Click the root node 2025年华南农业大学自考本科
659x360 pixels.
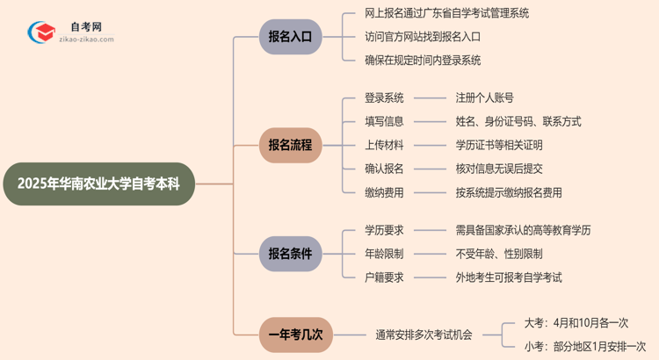[x=98, y=184]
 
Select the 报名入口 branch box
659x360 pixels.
[x=290, y=37]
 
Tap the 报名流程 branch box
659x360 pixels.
[x=290, y=145]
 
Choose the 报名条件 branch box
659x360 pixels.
[x=290, y=254]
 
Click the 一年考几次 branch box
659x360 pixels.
[x=295, y=335]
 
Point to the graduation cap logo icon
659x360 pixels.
[x=41, y=32]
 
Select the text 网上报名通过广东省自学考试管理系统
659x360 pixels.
[x=446, y=14]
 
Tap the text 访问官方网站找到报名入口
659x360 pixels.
[x=423, y=37]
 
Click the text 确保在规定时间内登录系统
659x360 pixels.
[x=423, y=61]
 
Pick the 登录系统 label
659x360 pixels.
[x=384, y=97]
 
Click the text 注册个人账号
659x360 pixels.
[x=484, y=97]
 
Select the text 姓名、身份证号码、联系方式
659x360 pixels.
[x=518, y=121]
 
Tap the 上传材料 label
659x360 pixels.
[x=384, y=145]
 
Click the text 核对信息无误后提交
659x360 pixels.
[x=498, y=169]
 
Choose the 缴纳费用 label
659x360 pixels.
[x=384, y=192]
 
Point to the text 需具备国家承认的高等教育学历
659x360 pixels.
[x=523, y=230]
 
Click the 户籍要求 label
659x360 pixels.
[x=384, y=277]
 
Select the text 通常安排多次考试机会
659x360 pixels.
[x=424, y=335]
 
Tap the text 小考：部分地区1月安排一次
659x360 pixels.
[x=584, y=347]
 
